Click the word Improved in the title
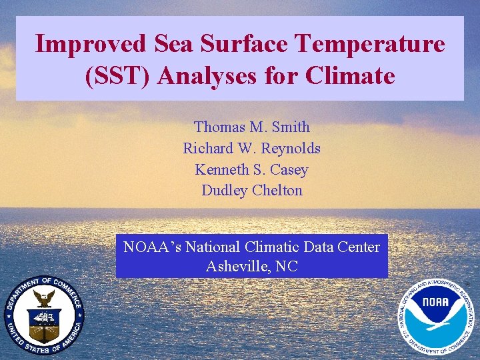coord(91,45)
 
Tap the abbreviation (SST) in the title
coord(119,76)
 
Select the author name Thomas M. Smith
coord(252,127)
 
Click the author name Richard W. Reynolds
coord(252,148)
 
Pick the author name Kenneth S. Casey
coord(252,169)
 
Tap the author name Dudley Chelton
coord(252,191)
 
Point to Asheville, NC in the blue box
coord(252,267)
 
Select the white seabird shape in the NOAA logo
coord(437,323)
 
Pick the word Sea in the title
coord(175,45)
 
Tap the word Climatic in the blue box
coord(273,247)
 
